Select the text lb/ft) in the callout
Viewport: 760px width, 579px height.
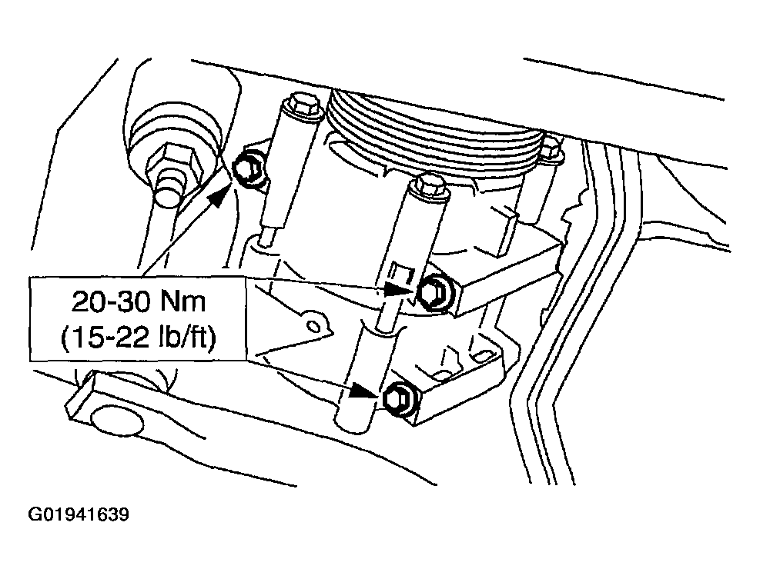tap(186, 337)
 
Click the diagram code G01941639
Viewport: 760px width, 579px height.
tap(79, 514)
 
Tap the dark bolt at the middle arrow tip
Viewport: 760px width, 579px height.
tap(434, 292)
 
